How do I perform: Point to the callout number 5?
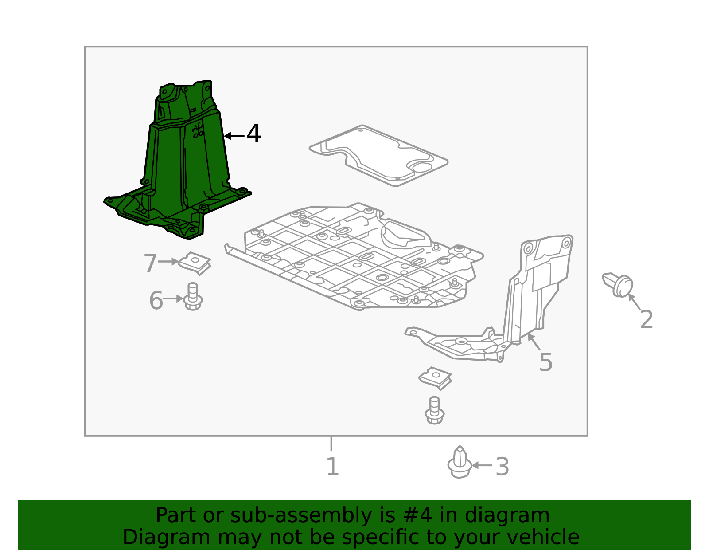click(545, 362)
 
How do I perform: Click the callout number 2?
click(647, 319)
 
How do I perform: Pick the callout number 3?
click(502, 467)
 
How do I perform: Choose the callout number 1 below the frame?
click(332, 467)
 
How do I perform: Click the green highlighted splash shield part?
click(183, 163)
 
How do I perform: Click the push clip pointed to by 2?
click(618, 285)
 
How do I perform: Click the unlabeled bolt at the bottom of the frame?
click(434, 410)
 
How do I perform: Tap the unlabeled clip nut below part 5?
click(435, 378)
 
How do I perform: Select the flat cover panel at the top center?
click(378, 156)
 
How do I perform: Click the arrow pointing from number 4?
click(234, 136)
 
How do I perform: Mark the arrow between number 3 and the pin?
click(482, 465)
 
